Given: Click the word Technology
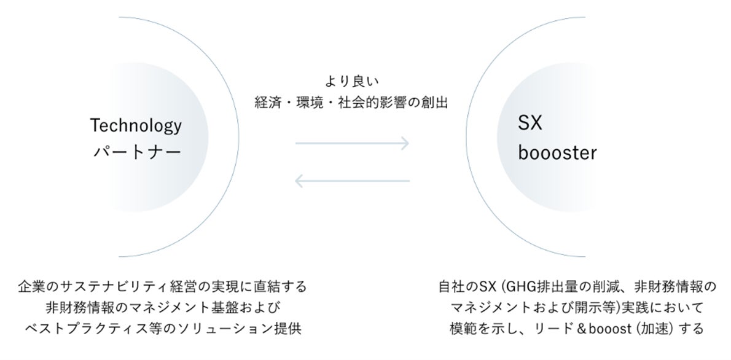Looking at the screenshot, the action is pos(136,126).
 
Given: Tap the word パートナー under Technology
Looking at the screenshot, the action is pos(136,152).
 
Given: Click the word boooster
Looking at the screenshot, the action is pos(557,152).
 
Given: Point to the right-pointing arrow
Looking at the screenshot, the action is pos(352,144).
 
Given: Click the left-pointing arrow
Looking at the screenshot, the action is pos(352,181).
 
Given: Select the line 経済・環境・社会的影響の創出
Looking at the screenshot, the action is pos(351,103).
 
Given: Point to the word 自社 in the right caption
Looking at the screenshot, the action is pos(452,287).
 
